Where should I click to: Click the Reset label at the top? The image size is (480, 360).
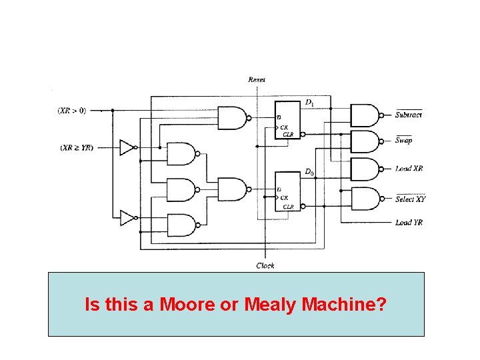[257, 80]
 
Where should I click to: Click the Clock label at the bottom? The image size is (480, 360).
[265, 265]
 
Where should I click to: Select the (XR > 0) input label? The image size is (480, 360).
[71, 110]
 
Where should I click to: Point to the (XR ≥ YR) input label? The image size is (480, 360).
[77, 147]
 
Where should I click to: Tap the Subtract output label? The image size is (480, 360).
[408, 115]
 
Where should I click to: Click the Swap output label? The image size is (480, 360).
[403, 140]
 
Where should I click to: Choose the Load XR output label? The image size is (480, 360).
[409, 169]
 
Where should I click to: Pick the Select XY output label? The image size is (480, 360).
[410, 199]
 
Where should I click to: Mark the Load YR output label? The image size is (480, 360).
[409, 223]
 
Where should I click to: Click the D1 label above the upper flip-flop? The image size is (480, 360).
[309, 102]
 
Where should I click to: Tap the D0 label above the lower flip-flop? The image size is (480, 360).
[309, 172]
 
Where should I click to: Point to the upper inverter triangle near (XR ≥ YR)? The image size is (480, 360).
[127, 147]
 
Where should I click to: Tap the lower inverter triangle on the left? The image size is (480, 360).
[127, 217]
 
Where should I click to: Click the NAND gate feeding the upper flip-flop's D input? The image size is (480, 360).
[233, 119]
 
